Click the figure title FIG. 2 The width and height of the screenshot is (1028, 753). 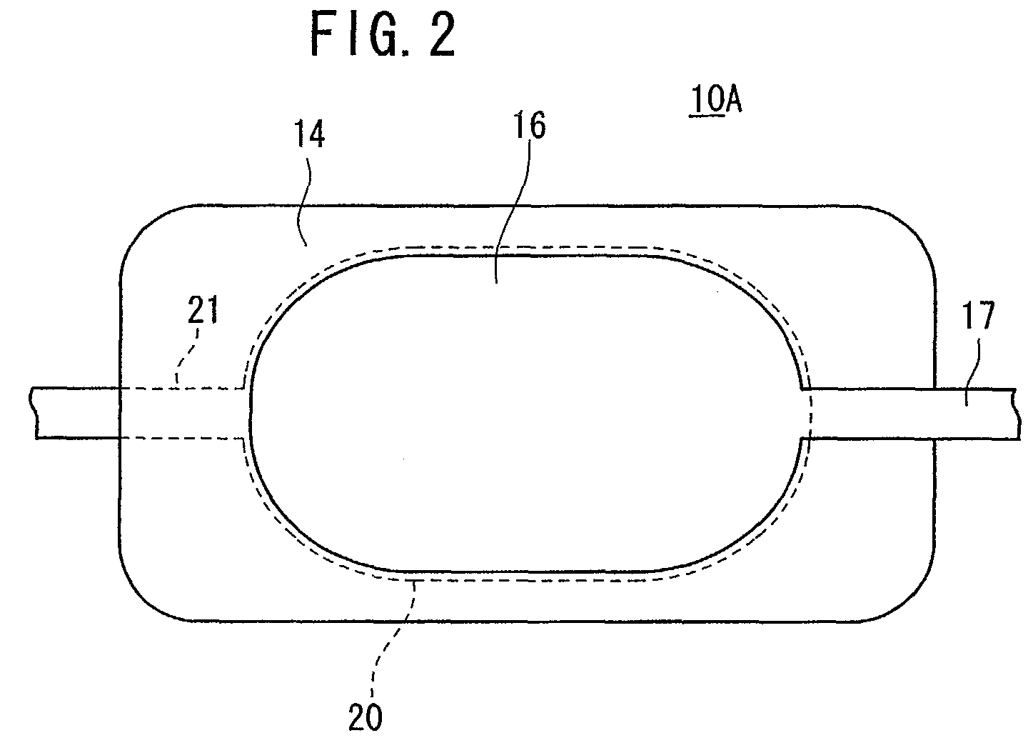click(x=383, y=34)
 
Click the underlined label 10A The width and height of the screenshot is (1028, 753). click(x=716, y=99)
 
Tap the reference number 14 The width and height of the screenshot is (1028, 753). click(x=310, y=134)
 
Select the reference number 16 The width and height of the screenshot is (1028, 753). click(x=530, y=124)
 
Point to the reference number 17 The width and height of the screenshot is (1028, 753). click(x=979, y=316)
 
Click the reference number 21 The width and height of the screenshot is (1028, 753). click(x=203, y=309)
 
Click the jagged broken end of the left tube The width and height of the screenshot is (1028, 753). click(x=33, y=413)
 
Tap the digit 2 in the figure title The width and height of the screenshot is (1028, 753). click(x=441, y=34)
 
